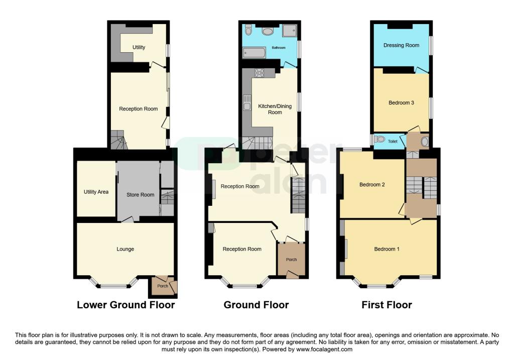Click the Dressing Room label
401,45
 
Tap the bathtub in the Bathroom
254,52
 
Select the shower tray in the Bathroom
290,31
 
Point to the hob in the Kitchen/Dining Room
260,72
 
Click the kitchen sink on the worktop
247,102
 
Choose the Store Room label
141,195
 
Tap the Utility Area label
96,192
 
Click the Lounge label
125,249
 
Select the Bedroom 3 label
401,102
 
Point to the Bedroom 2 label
372,185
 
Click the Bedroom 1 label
387,249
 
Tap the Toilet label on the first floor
393,141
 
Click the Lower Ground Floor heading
126,305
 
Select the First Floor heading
387,305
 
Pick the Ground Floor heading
256,305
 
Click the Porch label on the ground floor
292,260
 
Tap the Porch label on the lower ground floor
163,286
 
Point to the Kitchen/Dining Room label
275,109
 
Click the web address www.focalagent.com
325,349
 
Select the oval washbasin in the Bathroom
268,32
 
